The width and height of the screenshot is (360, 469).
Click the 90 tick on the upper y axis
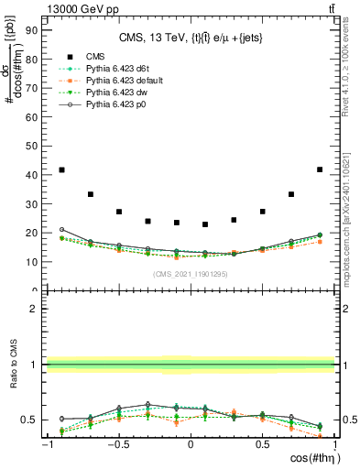pos(30,29)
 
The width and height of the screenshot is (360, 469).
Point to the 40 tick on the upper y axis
pos(30,174)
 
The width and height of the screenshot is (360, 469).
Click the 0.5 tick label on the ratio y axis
pos(27,420)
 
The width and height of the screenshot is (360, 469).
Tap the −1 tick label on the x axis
pos(46,445)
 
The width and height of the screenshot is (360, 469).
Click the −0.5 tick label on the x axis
pos(117,445)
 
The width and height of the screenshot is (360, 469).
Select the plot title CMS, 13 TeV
pos(190,38)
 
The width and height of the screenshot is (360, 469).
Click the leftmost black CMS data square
pos(61,169)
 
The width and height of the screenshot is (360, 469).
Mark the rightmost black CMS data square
pos(319,169)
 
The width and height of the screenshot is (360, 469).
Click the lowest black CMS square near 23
pos(205,224)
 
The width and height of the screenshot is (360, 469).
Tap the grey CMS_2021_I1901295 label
pos(190,274)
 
